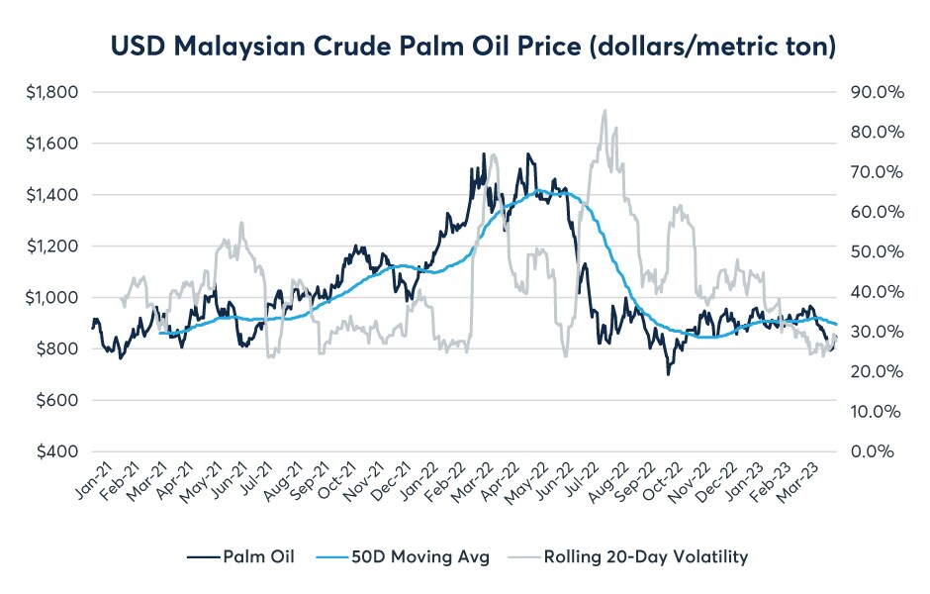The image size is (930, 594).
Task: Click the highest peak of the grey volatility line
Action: pos(604,111)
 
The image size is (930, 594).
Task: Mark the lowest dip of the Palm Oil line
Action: pos(669,373)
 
